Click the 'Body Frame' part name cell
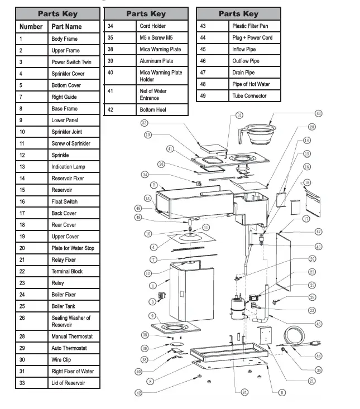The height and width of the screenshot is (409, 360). [65, 39]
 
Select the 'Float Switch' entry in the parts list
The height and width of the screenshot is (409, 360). [65, 202]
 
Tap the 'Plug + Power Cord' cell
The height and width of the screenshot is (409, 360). [252, 37]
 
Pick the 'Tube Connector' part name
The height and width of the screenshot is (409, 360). [249, 96]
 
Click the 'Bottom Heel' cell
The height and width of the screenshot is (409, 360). [155, 110]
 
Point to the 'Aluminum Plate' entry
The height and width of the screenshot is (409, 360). [156, 61]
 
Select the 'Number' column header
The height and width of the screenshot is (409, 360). [31, 27]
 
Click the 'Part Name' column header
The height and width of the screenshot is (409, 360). [66, 27]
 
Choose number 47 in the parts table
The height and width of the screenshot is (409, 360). [203, 73]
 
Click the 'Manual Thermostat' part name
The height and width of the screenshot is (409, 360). [72, 336]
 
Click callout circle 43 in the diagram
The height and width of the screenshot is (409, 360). [318, 113]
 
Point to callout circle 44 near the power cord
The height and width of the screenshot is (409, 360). [319, 355]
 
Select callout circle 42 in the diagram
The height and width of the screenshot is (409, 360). [138, 393]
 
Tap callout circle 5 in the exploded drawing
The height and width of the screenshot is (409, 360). [282, 393]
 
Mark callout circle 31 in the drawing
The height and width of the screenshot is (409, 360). [239, 115]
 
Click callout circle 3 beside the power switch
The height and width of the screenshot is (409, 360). [152, 302]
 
